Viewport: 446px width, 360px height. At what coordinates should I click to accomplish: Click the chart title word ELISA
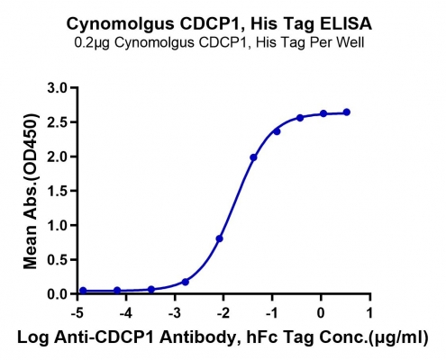click(346, 23)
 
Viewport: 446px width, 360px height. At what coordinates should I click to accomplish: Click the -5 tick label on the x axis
click(77, 313)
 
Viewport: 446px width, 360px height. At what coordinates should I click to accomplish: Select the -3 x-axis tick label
click(175, 313)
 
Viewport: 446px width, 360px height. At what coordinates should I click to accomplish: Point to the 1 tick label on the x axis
click(369, 313)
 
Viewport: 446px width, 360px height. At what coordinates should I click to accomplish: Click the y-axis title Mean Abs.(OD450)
click(31, 191)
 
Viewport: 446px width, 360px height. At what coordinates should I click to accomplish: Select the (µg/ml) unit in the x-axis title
click(398, 338)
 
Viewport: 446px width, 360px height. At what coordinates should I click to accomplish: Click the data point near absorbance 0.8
click(219, 238)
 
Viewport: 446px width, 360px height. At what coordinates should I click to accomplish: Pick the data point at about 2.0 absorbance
click(253, 157)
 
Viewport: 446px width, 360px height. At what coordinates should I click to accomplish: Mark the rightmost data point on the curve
click(347, 112)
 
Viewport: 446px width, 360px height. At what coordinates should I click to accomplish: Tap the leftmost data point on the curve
click(83, 291)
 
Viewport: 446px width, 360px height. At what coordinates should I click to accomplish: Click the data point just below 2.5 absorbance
click(277, 131)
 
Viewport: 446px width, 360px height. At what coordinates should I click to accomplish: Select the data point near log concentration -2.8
click(186, 282)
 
